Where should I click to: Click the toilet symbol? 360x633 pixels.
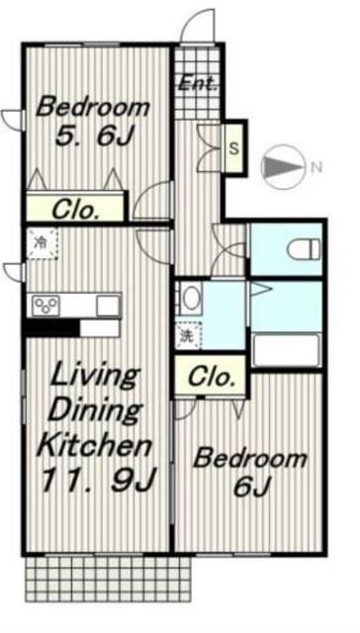click(304, 250)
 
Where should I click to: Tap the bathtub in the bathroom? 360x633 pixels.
click(286, 350)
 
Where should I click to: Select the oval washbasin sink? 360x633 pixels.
click(191, 298)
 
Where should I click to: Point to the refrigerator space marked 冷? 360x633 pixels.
click(43, 243)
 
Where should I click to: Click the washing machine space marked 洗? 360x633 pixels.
click(189, 334)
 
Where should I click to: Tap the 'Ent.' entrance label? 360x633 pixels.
click(198, 83)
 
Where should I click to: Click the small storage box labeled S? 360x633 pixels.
click(234, 147)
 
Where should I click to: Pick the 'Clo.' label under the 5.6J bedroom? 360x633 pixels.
click(76, 210)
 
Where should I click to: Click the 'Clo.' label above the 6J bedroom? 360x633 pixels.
click(212, 377)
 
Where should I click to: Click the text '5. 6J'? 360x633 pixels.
click(94, 136)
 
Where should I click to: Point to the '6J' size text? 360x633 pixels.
click(251, 488)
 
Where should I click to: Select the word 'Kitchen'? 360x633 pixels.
click(94, 445)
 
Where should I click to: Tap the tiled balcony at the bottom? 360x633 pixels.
click(108, 579)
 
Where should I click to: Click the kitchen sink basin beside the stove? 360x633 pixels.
click(108, 306)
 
